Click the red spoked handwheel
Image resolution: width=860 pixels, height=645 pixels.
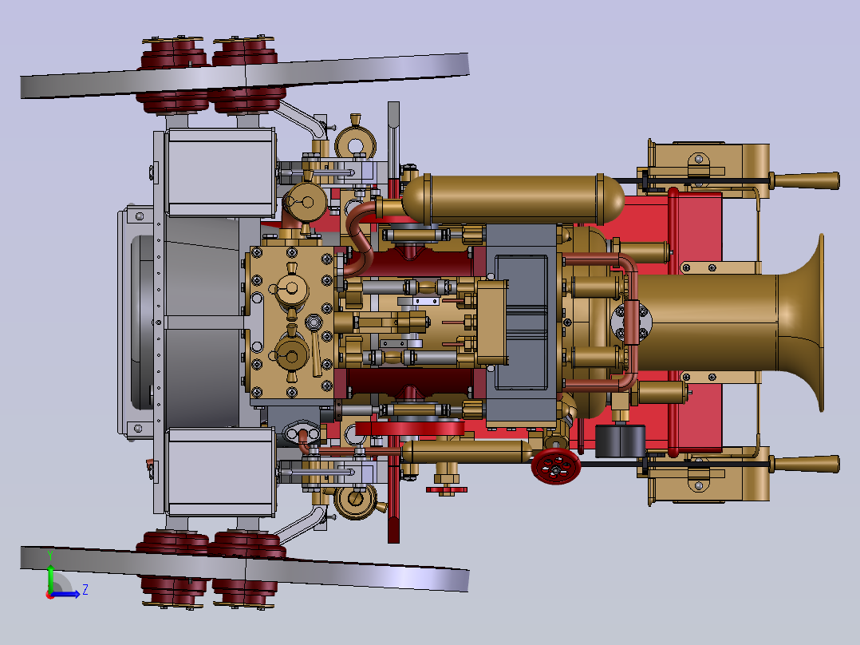pos(555,466)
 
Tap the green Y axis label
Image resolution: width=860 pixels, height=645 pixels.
pos(50,556)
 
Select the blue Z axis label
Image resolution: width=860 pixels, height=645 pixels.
pos(85,590)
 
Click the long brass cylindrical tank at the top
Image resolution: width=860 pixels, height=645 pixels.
pos(514,200)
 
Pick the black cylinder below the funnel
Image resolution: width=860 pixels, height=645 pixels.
pos(620,441)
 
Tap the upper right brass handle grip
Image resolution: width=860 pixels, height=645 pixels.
pos(804,180)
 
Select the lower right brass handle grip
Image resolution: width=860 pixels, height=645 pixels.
pos(804,464)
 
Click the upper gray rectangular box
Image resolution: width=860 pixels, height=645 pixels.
pos(220,172)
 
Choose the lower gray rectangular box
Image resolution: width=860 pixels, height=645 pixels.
pos(220,472)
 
